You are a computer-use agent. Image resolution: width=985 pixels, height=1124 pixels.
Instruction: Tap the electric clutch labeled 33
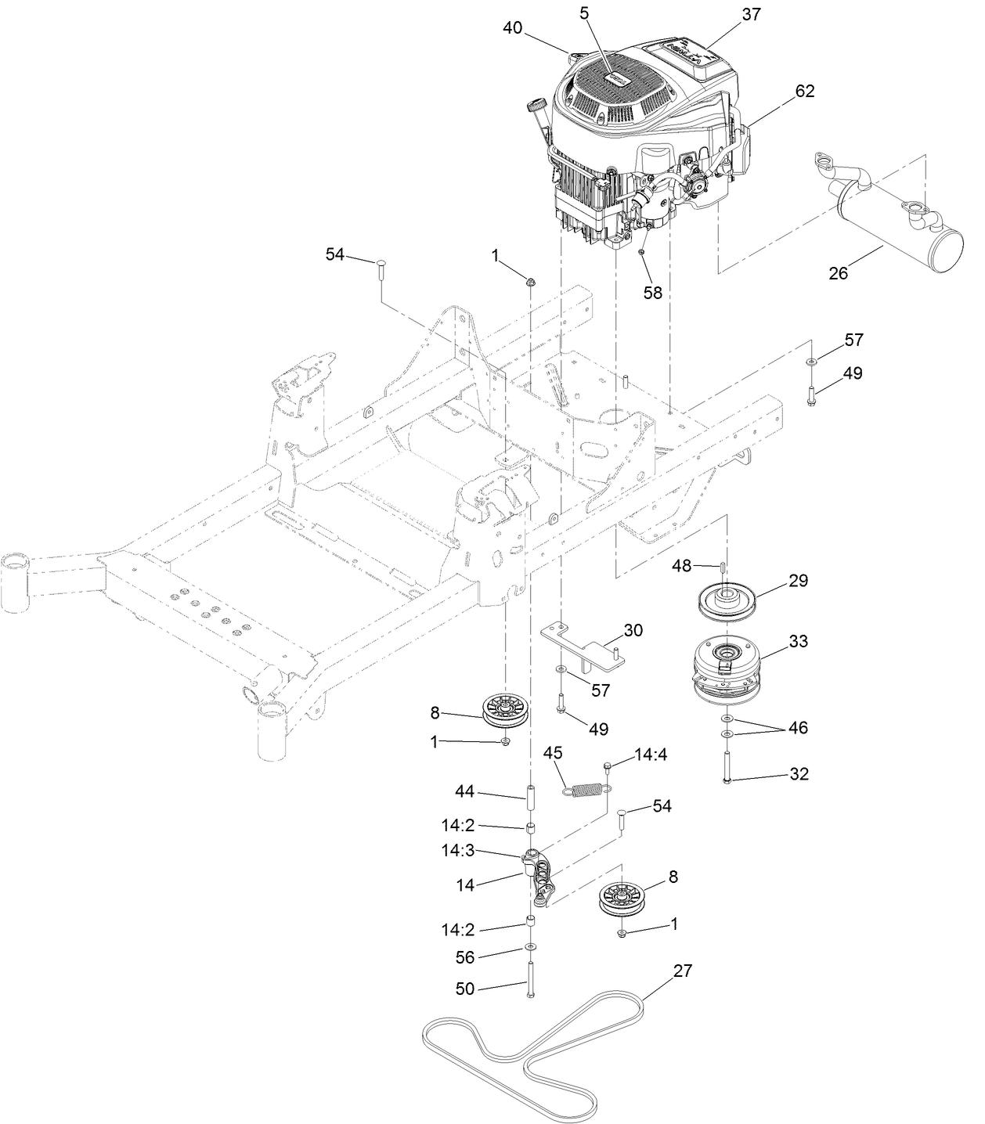pyautogui.click(x=725, y=668)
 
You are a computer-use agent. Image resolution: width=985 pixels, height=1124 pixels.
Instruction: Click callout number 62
pyautogui.click(x=804, y=92)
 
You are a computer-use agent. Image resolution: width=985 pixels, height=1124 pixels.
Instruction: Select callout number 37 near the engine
pyautogui.click(x=750, y=13)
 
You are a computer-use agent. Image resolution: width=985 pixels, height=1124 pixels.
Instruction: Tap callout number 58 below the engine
pyautogui.click(x=652, y=293)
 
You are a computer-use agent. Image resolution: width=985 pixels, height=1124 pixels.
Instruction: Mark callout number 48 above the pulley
pyautogui.click(x=682, y=565)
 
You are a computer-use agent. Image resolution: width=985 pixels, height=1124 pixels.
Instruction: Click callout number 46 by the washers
pyautogui.click(x=798, y=728)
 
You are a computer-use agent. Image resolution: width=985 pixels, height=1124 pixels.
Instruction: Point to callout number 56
pyautogui.click(x=465, y=956)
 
